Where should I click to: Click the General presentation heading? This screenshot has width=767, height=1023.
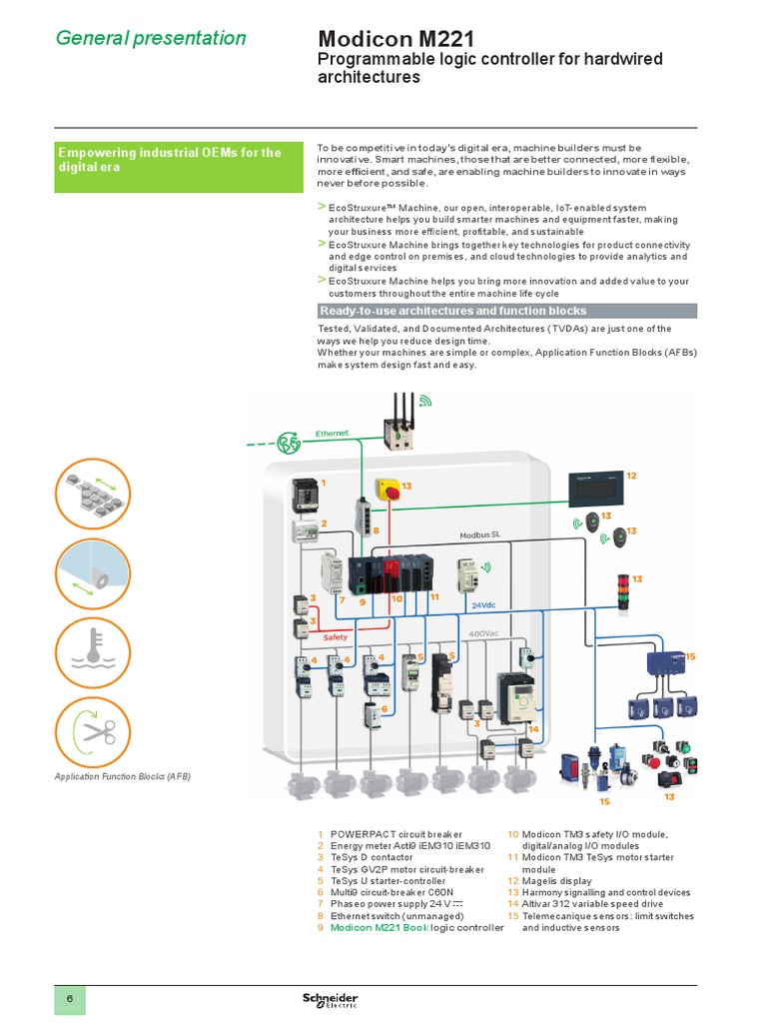pos(151,39)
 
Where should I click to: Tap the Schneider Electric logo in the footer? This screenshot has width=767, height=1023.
pos(330,1001)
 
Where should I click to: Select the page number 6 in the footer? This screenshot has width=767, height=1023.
pos(70,1000)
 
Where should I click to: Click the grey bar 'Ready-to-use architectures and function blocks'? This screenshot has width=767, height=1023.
pos(506,311)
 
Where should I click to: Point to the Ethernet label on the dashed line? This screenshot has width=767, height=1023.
pos(332,433)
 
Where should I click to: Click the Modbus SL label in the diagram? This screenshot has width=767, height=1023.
pos(479,535)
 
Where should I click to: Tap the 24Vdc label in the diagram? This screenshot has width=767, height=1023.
pos(483,604)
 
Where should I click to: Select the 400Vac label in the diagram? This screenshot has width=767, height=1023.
pos(484,632)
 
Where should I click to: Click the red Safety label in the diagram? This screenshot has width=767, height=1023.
pos(335,636)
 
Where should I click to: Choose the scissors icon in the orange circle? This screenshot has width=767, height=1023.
pos(93,734)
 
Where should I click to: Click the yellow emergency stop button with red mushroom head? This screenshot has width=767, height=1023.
pos(388,492)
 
